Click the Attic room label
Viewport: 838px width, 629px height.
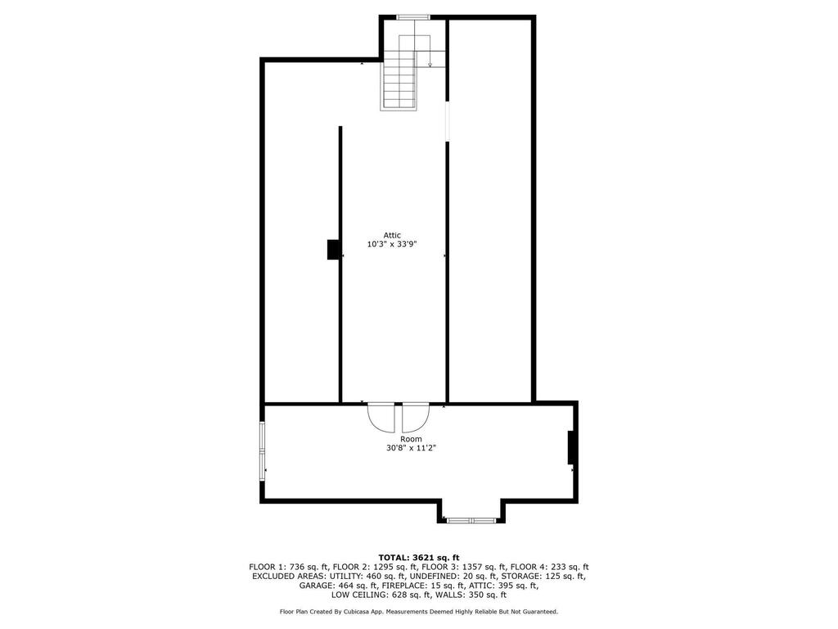pos(392,235)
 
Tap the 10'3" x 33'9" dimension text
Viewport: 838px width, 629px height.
pos(392,244)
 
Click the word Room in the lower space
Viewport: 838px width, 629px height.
pos(411,439)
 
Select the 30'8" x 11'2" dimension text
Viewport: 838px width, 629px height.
pos(412,448)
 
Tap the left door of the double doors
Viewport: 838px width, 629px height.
pos(381,417)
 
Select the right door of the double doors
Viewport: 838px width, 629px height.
pos(416,417)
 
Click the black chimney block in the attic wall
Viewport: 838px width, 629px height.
pos(334,250)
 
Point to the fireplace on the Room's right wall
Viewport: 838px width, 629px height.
pos(570,447)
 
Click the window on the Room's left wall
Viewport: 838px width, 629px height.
pos(263,451)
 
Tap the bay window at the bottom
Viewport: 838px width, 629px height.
pos(471,520)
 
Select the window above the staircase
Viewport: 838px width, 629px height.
pos(413,17)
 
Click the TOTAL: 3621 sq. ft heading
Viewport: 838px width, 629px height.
pos(419,558)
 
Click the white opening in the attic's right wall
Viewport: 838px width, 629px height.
pos(448,121)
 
